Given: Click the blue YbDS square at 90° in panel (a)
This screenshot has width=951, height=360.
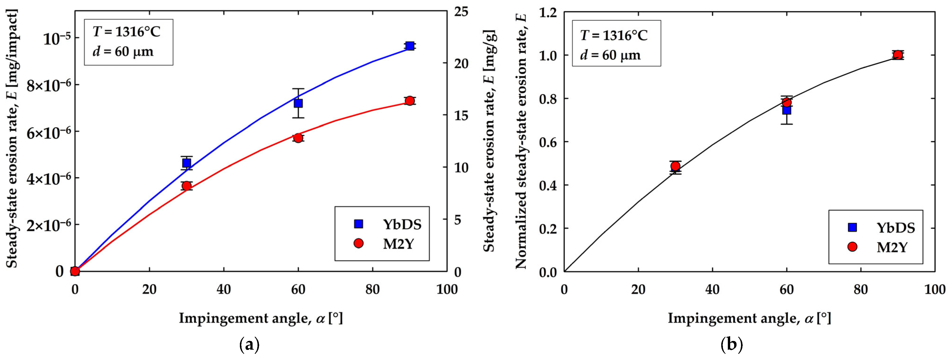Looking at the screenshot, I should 409,46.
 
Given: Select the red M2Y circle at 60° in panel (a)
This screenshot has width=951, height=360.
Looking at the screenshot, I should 298,138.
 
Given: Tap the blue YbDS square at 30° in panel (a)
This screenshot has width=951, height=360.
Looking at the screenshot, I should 186,163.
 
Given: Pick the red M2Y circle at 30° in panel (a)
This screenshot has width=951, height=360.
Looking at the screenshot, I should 186,186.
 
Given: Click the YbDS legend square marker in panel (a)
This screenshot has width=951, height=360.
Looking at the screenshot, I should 358,224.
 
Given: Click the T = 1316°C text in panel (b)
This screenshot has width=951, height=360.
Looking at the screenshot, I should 614,36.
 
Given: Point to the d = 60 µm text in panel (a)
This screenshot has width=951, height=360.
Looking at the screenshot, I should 123,51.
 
